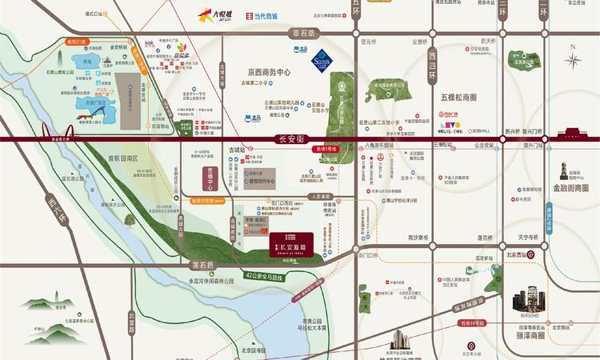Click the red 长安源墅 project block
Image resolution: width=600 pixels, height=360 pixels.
click(x=290, y=243)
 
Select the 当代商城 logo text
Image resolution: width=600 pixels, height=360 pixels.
click(x=268, y=15)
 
